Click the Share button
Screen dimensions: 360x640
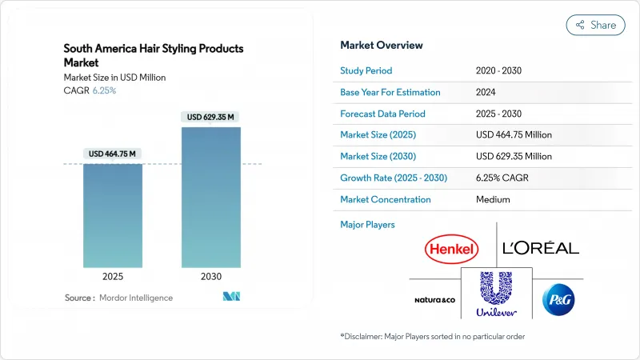[596, 25]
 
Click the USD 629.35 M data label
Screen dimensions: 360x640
[210, 118]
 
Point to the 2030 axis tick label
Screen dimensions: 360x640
[210, 276]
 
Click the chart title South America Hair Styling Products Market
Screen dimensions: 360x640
[154, 55]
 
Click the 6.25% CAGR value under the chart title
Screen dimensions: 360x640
[105, 90]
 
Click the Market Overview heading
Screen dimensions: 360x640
[382, 46]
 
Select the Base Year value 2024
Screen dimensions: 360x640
[486, 93]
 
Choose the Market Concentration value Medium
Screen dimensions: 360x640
[494, 199]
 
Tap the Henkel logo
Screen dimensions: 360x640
[452, 249]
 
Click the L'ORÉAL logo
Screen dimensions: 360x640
[540, 248]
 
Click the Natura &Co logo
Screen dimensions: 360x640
[435, 298]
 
